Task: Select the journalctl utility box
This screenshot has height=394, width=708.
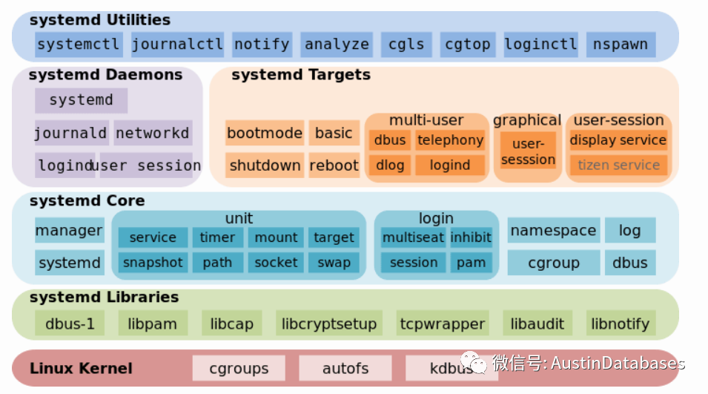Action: pyautogui.click(x=177, y=45)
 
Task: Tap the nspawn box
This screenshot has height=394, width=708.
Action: pyautogui.click(x=621, y=45)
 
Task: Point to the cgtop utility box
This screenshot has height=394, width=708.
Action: pyautogui.click(x=468, y=45)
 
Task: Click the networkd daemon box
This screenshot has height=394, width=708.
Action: pyautogui.click(x=153, y=134)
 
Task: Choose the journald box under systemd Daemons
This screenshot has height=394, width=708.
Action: pyautogui.click(x=71, y=134)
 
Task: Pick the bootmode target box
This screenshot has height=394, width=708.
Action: pyautogui.click(x=265, y=134)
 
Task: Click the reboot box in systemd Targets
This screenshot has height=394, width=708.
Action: pyautogui.click(x=334, y=165)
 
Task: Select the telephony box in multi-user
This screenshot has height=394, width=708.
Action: pyautogui.click(x=450, y=140)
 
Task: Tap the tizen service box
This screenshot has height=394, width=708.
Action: pyautogui.click(x=618, y=165)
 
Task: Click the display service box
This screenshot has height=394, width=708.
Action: pyautogui.click(x=618, y=140)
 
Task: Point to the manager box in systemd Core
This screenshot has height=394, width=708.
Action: pyautogui.click(x=70, y=230)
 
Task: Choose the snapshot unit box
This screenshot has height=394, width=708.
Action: pyautogui.click(x=153, y=262)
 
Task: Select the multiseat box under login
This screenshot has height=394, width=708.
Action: pyautogui.click(x=413, y=237)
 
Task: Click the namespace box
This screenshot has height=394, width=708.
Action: pyautogui.click(x=553, y=230)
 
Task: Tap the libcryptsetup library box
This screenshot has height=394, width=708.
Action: pyautogui.click(x=329, y=324)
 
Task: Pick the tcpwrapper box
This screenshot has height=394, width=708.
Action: pyautogui.click(x=443, y=324)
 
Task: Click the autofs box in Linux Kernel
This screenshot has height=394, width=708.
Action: pyautogui.click(x=345, y=368)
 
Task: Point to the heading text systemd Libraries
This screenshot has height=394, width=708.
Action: pyautogui.click(x=104, y=298)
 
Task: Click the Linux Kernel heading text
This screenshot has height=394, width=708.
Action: pyautogui.click(x=81, y=368)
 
